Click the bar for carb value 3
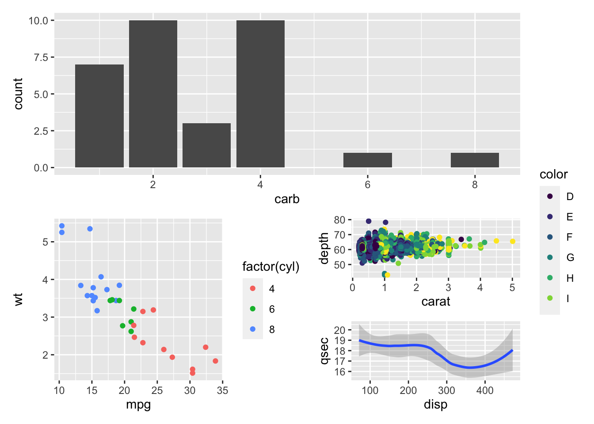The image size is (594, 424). (x=206, y=145)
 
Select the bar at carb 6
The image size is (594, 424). (x=367, y=160)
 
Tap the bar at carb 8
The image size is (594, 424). (x=475, y=160)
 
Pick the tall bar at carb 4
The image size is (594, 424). (x=260, y=94)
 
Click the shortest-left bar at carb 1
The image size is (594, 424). (x=99, y=116)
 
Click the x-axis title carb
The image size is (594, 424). (x=287, y=199)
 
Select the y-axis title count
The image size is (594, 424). (x=18, y=94)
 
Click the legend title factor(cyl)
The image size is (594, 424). (x=271, y=267)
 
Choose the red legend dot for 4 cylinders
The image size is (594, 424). (x=253, y=288)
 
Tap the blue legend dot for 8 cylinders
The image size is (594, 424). (x=253, y=329)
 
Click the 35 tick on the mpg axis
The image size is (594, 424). (x=222, y=390)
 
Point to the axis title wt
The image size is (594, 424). (x=18, y=299)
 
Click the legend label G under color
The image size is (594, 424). (x=570, y=257)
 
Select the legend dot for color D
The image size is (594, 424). (x=550, y=196)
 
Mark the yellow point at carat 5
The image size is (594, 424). (x=512, y=241)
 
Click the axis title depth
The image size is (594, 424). (x=325, y=248)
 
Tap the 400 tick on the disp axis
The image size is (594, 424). (x=485, y=390)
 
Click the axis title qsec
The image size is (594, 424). (x=325, y=351)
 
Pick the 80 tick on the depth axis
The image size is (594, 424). (x=340, y=220)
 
